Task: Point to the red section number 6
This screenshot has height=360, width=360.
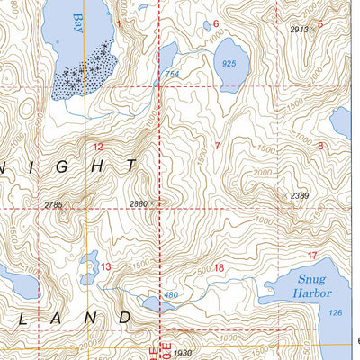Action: [x=216, y=23]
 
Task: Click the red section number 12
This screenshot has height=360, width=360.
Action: [x=97, y=146]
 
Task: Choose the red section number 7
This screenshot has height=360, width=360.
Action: [x=218, y=146]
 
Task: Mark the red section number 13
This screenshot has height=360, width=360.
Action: [x=105, y=266]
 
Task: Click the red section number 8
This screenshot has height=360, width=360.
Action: [x=320, y=146]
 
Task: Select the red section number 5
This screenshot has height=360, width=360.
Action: [x=320, y=24]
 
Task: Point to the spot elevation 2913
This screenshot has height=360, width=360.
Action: [x=299, y=30]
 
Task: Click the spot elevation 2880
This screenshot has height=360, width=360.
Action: [x=139, y=203]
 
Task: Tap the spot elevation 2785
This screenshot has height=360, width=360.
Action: [x=53, y=206]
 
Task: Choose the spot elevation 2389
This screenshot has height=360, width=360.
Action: [x=299, y=196]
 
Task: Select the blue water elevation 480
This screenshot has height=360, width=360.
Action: [x=171, y=295]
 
